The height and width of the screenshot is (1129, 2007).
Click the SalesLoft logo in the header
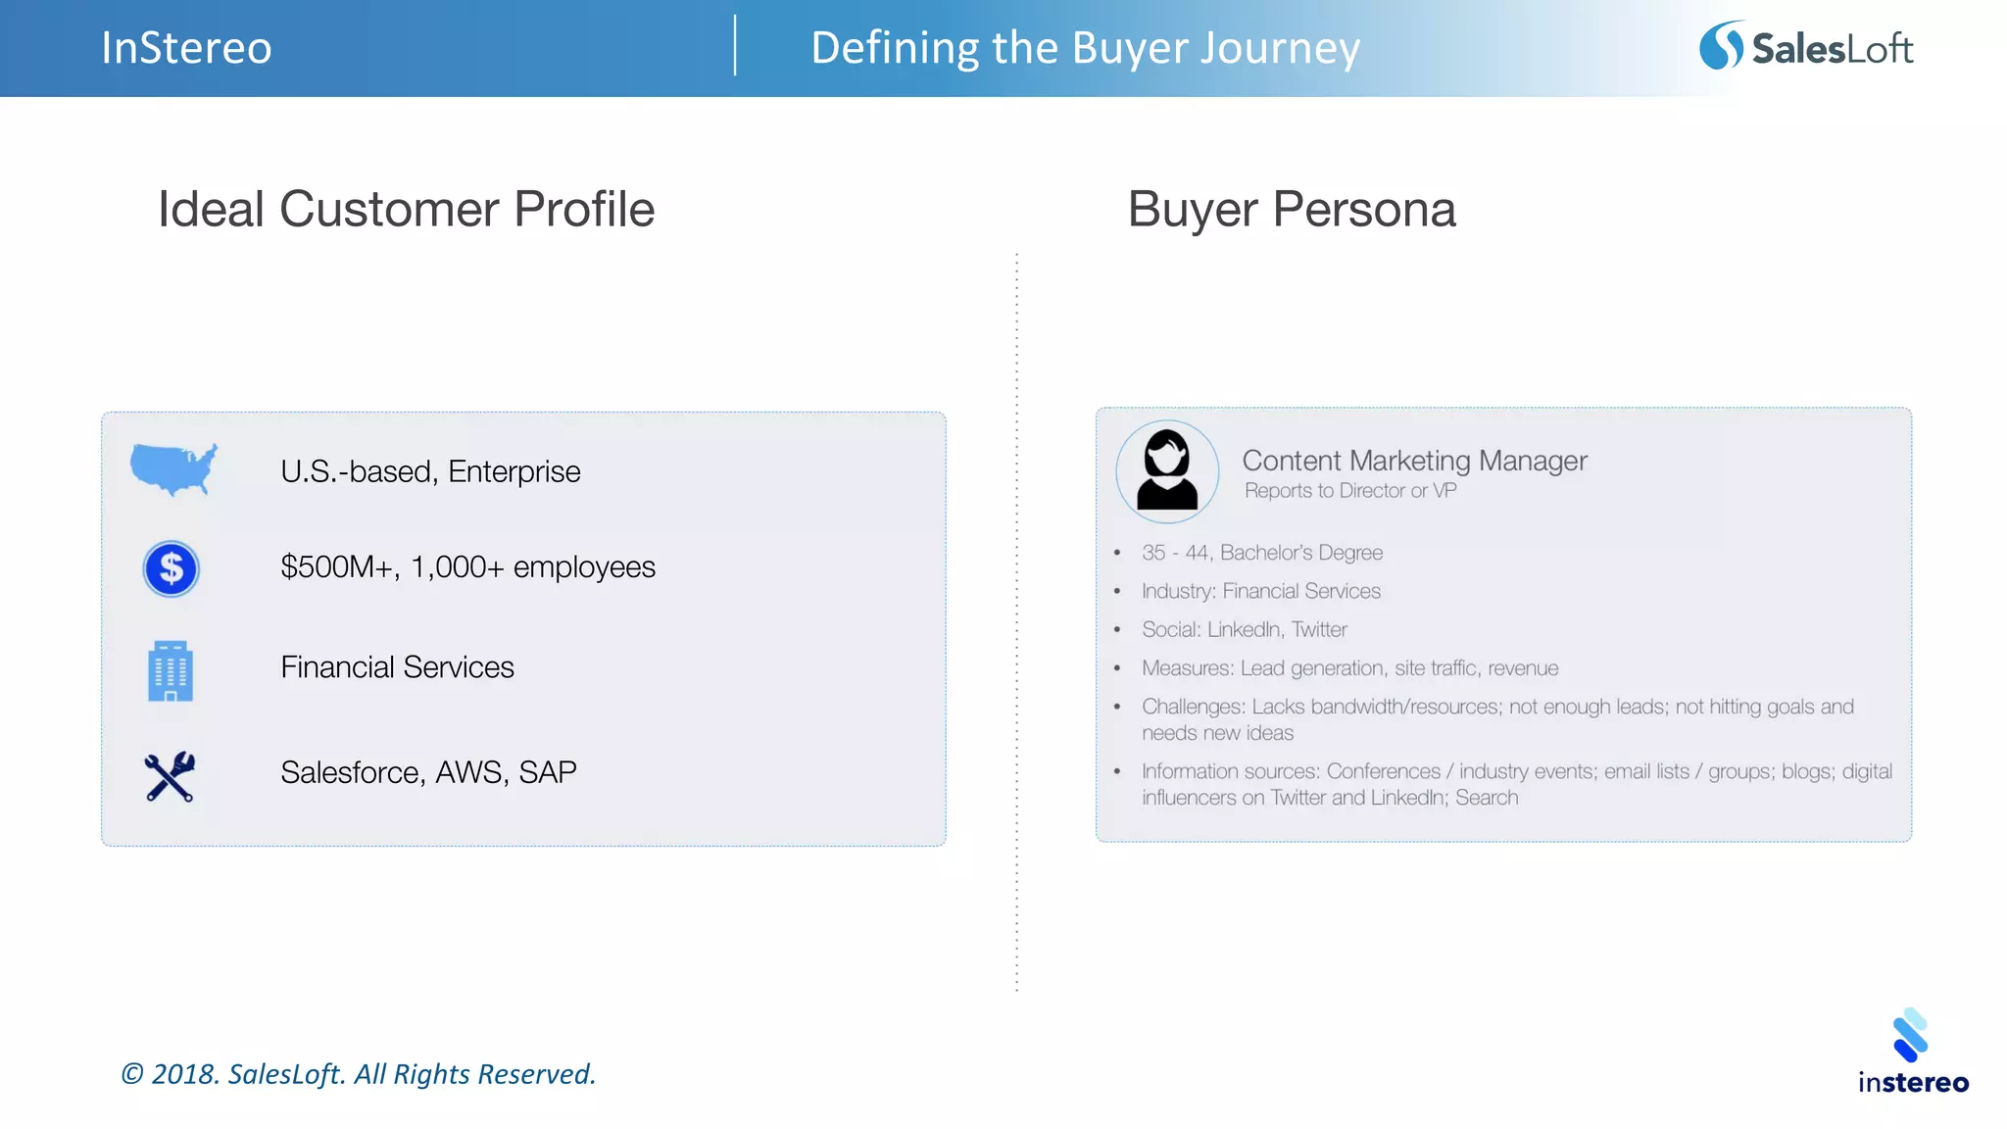click(1805, 47)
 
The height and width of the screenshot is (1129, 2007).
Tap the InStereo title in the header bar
click(186, 48)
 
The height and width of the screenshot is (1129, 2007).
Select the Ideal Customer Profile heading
click(406, 209)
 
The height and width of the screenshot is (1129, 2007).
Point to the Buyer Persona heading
click(1291, 209)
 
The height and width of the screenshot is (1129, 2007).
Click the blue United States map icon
click(173, 469)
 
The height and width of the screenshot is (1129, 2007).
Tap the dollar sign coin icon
click(171, 568)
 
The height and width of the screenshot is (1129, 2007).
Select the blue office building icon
click(171, 671)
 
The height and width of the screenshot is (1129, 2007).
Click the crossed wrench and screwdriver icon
click(170, 776)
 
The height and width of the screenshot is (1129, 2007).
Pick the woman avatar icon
click(1167, 471)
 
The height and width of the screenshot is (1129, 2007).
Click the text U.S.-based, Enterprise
click(430, 471)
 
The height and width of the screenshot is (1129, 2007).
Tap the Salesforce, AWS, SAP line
click(428, 772)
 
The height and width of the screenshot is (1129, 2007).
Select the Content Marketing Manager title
click(1414, 461)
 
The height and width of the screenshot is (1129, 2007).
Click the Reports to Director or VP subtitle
click(1349, 491)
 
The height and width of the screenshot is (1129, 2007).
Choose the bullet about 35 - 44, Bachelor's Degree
click(1261, 553)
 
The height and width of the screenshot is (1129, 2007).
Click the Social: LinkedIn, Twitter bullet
click(1244, 629)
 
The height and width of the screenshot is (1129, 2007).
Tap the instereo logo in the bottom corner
click(1912, 1052)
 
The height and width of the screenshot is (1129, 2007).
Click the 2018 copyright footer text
click(358, 1074)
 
